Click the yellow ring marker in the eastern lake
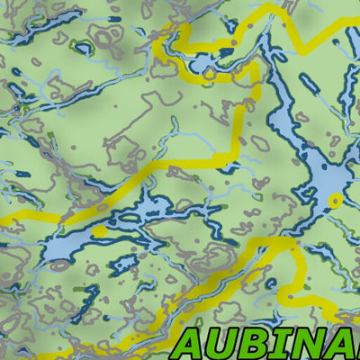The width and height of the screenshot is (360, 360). pyautogui.click(x=335, y=199)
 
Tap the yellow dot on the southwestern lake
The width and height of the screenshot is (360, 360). pyautogui.click(x=100, y=231)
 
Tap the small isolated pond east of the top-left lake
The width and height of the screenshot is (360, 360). pyautogui.click(x=115, y=17)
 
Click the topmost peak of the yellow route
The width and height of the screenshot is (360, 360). pyautogui.click(x=270, y=9)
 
